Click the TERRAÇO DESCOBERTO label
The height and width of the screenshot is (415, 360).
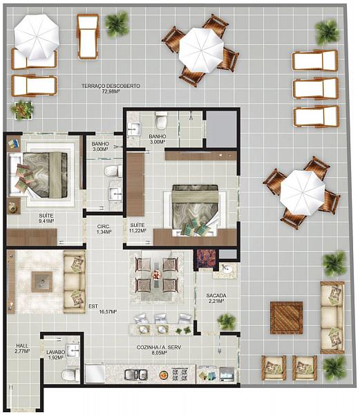[x=111, y=86]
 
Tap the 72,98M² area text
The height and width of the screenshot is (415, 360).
[x=111, y=91]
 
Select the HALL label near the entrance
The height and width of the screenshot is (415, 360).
[x=22, y=346]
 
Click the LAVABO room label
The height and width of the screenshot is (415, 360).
[x=56, y=352]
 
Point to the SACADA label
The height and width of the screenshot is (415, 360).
[x=216, y=295]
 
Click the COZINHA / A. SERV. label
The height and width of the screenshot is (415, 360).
[x=159, y=347]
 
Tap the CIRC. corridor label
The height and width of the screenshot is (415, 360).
[x=104, y=227]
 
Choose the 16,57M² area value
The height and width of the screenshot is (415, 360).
[x=108, y=312]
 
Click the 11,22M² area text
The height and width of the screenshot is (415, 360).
[x=138, y=231]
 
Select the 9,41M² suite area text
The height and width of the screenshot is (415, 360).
[x=46, y=221]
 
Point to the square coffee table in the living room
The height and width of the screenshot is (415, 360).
[x=41, y=282]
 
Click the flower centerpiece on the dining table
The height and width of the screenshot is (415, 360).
[x=156, y=275]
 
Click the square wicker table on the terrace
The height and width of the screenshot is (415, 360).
[x=286, y=317]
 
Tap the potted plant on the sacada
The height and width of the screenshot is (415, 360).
[x=226, y=322]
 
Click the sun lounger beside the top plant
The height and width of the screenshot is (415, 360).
[x=88, y=37]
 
